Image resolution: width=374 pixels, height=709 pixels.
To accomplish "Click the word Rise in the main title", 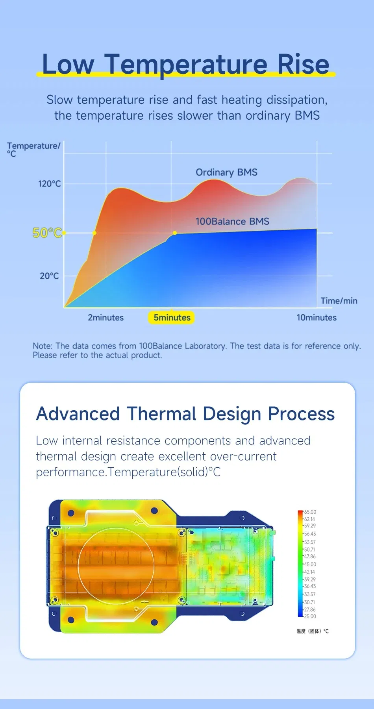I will point(303,64).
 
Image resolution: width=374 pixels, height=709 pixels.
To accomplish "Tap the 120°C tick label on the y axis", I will point(49,184).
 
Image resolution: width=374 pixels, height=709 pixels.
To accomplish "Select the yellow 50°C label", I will point(47,233).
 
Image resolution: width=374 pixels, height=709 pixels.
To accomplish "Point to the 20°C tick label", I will point(49,276).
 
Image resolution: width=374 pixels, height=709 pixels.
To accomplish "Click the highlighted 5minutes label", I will point(172,318).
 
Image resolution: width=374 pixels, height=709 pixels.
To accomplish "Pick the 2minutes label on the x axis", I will point(106,318).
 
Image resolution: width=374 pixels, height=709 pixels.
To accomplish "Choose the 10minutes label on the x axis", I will point(317,318).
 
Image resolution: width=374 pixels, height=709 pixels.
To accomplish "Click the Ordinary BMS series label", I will point(226,172).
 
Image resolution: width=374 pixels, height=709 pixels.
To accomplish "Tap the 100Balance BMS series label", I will point(232,222).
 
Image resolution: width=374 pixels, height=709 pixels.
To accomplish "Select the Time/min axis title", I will point(339,301).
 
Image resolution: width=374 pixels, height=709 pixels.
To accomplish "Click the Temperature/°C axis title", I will point(33,149).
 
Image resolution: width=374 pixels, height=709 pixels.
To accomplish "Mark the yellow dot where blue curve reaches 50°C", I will point(175,233).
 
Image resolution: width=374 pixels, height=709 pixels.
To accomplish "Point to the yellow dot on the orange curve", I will point(94,233).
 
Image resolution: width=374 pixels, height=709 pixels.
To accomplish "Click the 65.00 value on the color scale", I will point(310,512).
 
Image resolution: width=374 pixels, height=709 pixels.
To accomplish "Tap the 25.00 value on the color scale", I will point(310,616).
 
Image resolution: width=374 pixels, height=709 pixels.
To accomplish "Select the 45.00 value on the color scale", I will point(310,564).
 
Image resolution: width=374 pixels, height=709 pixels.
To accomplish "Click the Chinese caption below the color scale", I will point(313,631).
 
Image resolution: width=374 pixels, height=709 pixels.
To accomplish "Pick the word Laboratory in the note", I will point(205,346).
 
